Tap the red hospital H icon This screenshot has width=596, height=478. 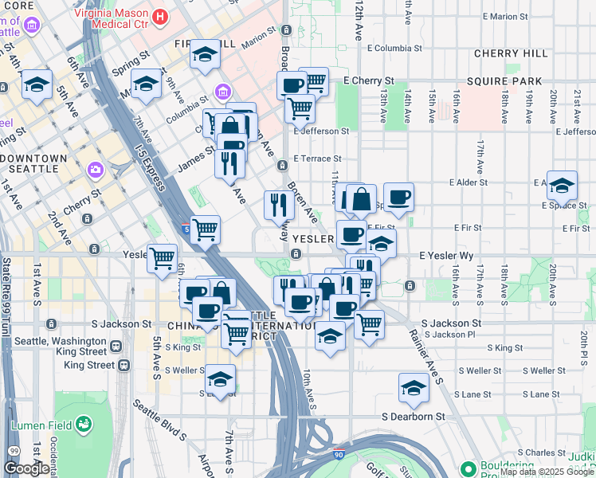click(x=160, y=16)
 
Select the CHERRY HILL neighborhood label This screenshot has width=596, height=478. click(x=511, y=53)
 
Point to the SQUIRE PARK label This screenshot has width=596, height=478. click(x=504, y=81)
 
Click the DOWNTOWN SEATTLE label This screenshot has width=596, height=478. click(x=43, y=163)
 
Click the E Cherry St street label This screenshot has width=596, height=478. click(x=369, y=81)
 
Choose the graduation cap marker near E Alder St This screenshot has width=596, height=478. click(x=562, y=185)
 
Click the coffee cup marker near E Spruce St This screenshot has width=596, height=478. click(x=398, y=196)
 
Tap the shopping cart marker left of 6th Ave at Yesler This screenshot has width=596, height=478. click(x=163, y=257)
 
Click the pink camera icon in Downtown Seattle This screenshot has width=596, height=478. click(x=96, y=170)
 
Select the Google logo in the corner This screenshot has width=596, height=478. click(x=26, y=468)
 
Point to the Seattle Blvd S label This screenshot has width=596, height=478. click(x=159, y=421)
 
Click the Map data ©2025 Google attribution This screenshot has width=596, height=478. click(x=546, y=472)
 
